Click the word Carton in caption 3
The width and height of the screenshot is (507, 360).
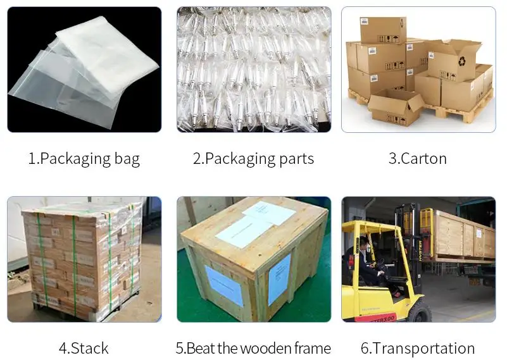pos(422,158)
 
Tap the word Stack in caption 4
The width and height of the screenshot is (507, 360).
pos(89,348)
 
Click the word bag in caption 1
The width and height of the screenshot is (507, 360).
pos(124,158)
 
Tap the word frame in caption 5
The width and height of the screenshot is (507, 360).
pos(314,348)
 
